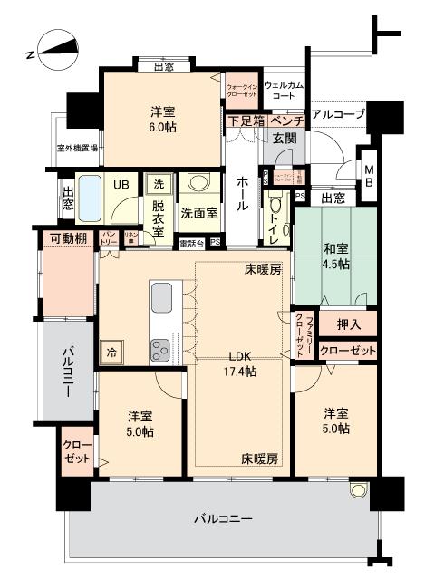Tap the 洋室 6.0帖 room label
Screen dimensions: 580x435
(x=163, y=120)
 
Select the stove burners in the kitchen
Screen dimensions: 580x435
(x=161, y=348)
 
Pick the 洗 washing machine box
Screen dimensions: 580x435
(x=155, y=180)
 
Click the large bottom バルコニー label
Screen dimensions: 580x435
(x=222, y=520)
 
